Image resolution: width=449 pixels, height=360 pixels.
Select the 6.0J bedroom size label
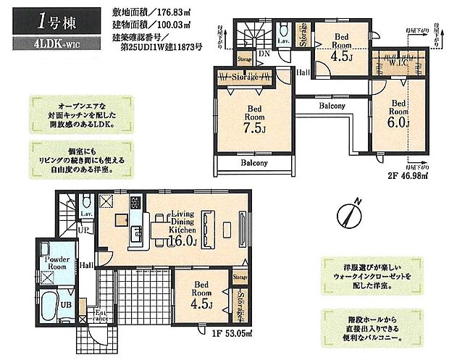coord(398,123)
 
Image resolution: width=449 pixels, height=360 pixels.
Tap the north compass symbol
coord(348,214)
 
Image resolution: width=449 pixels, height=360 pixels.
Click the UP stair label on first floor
coord(85,230)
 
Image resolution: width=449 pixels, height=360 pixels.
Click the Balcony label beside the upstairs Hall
coord(330,106)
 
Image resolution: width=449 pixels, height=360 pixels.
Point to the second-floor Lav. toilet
coord(282,35)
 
